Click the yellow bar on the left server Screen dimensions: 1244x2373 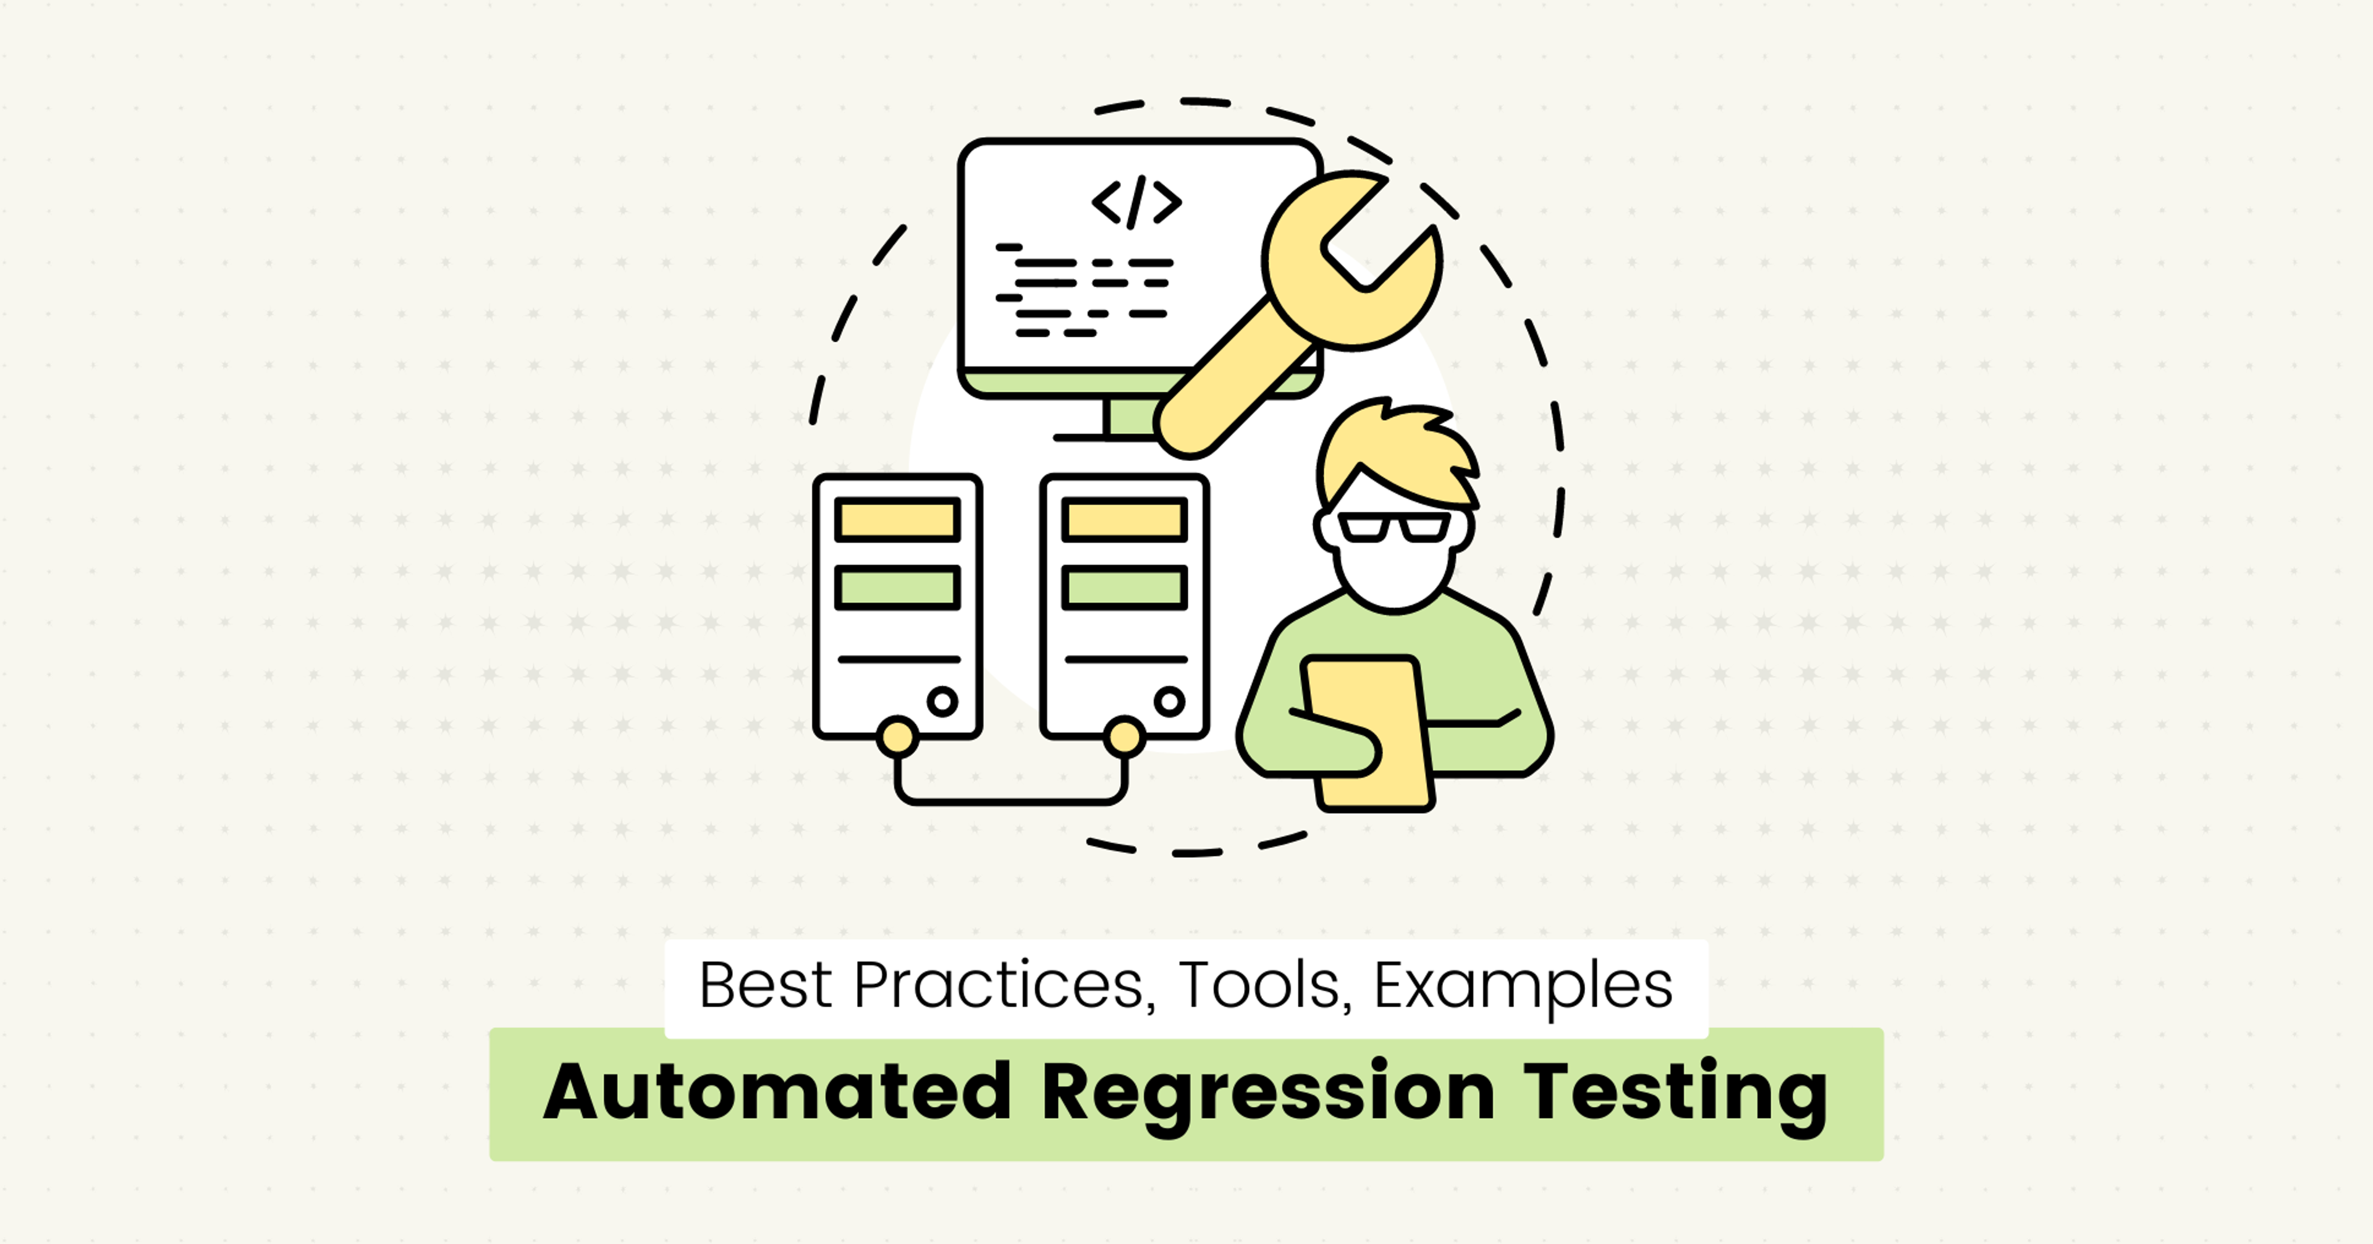click(x=897, y=520)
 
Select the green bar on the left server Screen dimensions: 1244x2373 click(x=897, y=587)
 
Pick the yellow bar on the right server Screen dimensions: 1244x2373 click(x=1124, y=520)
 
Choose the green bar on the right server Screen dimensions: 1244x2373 click(x=1124, y=587)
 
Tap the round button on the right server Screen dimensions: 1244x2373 click(x=1169, y=701)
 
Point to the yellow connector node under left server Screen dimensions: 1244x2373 click(x=897, y=737)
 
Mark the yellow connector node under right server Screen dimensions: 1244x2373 click(x=1124, y=737)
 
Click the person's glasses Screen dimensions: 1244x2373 click(x=1394, y=528)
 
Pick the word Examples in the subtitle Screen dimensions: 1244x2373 click(x=1523, y=986)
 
